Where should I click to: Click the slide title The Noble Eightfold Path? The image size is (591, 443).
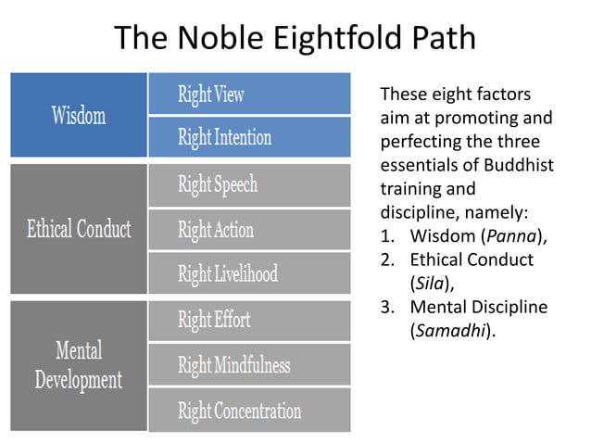(x=295, y=38)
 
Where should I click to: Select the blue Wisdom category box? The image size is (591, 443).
(x=79, y=115)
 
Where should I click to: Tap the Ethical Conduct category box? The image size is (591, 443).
(x=79, y=228)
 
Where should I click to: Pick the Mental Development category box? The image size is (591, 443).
(x=79, y=364)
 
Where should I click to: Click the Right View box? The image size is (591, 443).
(x=250, y=94)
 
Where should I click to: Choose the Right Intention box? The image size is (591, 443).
(x=250, y=137)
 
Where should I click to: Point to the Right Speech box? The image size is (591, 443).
(x=250, y=184)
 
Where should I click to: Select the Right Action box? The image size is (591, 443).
(x=250, y=229)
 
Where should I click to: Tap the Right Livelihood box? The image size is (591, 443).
(x=250, y=273)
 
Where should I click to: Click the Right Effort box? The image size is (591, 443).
(x=250, y=321)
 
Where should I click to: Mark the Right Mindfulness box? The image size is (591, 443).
(x=250, y=364)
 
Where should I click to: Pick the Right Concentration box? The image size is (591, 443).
(x=250, y=410)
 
